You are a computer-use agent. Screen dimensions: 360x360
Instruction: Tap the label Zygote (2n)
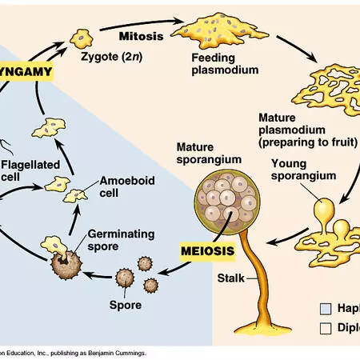tap(111, 58)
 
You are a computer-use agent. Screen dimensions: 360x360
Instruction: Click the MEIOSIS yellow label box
tap(206, 250)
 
